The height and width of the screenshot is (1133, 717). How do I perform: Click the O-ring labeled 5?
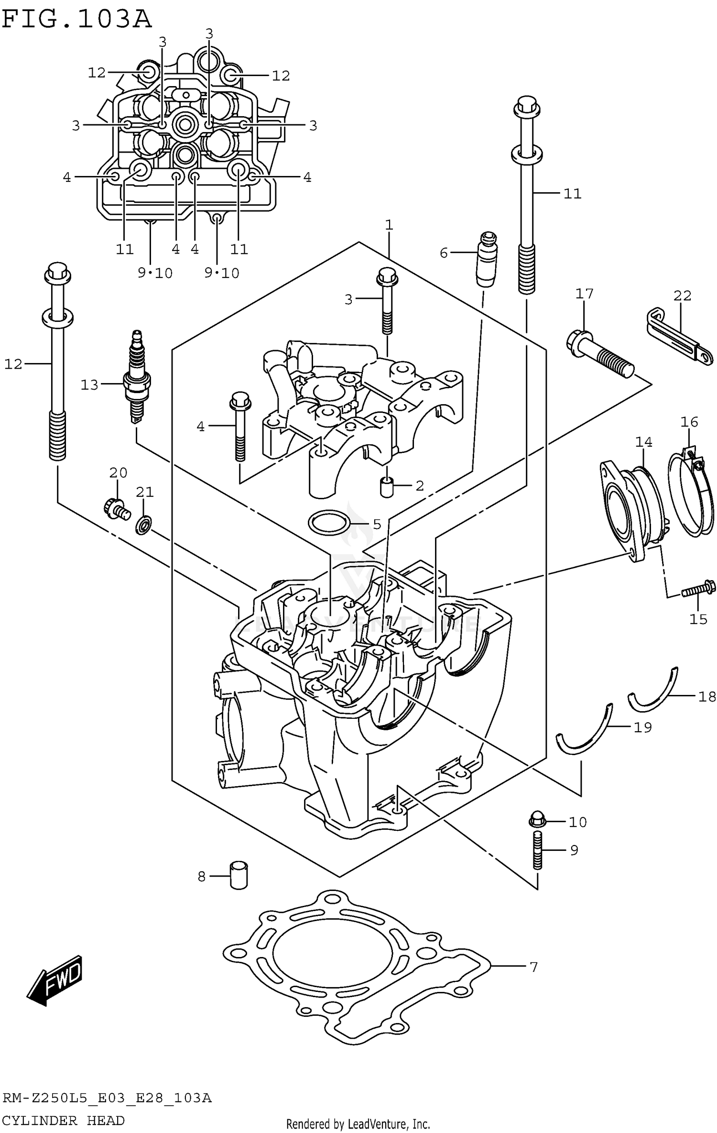click(328, 522)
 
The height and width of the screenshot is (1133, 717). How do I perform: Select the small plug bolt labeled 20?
click(116, 508)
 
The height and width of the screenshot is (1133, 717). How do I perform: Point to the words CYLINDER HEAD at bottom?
click(63, 1120)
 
